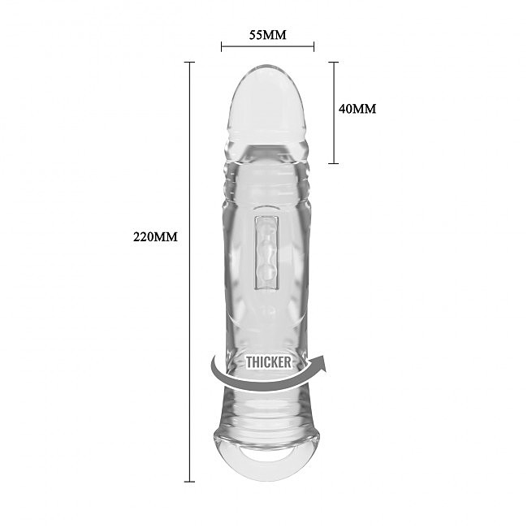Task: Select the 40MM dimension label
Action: pyautogui.click(x=357, y=109)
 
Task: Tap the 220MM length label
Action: pyautogui.click(x=154, y=237)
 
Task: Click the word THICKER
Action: pyautogui.click(x=268, y=362)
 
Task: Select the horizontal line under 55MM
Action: pyautogui.click(x=267, y=46)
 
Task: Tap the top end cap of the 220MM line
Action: pyautogui.click(x=190, y=62)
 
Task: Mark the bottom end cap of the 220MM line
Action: pyautogui.click(x=190, y=482)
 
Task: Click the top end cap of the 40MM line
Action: pyautogui.click(x=333, y=62)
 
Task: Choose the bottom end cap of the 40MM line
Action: pyautogui.click(x=333, y=162)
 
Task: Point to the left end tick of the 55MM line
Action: pyautogui.click(x=222, y=46)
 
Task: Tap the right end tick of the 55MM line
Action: pyautogui.click(x=314, y=46)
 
